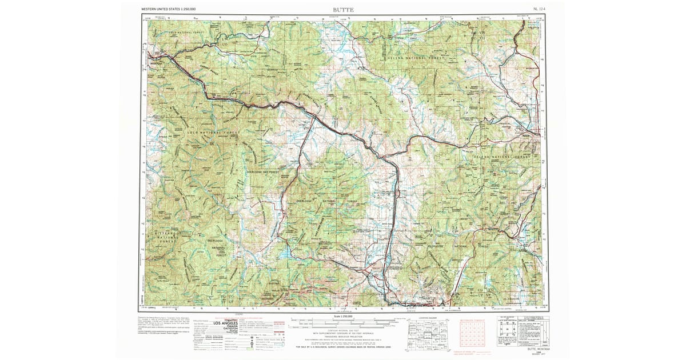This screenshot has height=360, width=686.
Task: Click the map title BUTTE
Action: tap(344, 10)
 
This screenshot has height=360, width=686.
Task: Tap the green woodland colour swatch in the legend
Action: tap(249, 349)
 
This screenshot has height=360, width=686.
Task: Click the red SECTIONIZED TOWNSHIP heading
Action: tap(472, 321)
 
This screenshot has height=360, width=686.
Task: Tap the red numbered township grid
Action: tap(472, 335)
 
